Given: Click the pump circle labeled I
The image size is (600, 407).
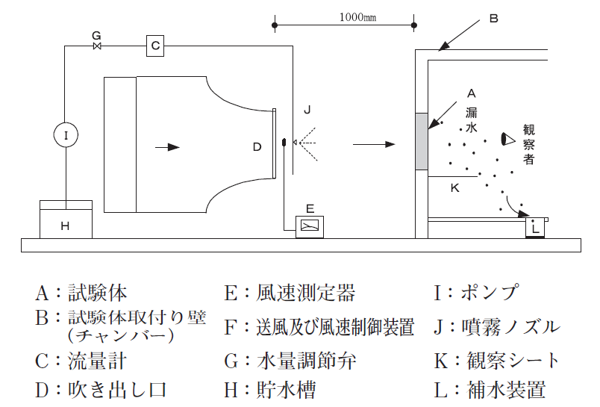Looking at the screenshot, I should (x=66, y=135).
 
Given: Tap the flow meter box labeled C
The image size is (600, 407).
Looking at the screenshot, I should (x=154, y=46).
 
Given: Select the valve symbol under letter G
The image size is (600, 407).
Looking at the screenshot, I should (x=96, y=47).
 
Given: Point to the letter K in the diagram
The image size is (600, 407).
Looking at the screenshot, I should (x=454, y=189).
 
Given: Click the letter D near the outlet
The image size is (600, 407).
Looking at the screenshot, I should (x=257, y=147).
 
